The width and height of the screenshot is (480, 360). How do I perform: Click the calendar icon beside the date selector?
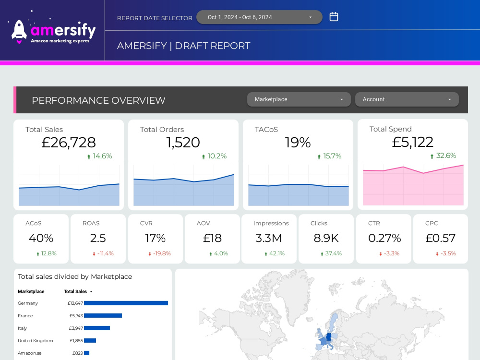(x=334, y=16)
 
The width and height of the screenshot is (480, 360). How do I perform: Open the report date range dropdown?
(x=259, y=17)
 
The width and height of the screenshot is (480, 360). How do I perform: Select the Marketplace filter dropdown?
(x=299, y=99)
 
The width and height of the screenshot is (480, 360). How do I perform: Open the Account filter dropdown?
(x=407, y=99)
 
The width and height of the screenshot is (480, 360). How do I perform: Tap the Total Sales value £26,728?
(x=69, y=143)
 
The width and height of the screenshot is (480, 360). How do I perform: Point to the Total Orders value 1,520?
(x=183, y=143)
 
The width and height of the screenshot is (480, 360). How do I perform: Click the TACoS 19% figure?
(x=298, y=143)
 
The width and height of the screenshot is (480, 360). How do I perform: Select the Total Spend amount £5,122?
(x=412, y=142)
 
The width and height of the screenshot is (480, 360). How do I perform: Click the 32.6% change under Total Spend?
(x=443, y=156)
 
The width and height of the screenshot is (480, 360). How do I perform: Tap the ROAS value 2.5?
(x=98, y=238)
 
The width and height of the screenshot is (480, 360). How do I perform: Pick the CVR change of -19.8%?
(x=159, y=253)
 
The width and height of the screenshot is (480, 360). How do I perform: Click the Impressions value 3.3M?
(x=268, y=238)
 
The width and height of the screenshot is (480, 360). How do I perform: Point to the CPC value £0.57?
(x=440, y=238)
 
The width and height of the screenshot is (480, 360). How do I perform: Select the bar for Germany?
(x=126, y=303)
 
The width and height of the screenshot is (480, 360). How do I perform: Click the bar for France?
(x=103, y=316)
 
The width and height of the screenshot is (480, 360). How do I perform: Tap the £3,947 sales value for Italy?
(x=76, y=328)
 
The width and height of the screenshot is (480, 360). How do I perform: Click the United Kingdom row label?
(x=35, y=341)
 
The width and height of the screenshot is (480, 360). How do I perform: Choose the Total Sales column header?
(x=75, y=291)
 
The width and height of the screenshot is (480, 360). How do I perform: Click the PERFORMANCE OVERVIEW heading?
(x=98, y=100)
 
